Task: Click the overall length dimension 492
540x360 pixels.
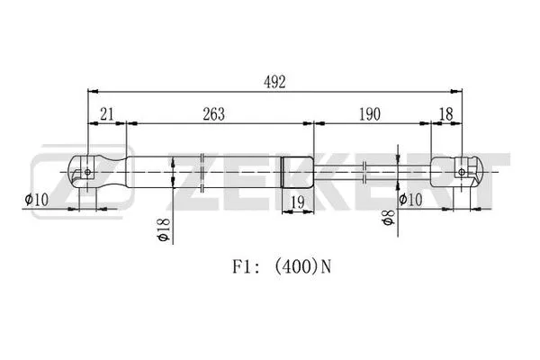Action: point(274,82)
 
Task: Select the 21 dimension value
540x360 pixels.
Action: point(106,114)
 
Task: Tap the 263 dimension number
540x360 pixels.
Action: point(213,114)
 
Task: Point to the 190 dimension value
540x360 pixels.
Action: point(369,114)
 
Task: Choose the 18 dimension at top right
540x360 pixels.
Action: point(445,114)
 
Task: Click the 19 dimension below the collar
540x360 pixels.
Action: point(297,202)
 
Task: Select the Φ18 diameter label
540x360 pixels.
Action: point(164,231)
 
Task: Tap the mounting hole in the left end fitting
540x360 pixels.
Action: point(86,167)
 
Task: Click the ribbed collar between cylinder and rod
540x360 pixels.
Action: point(297,168)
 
